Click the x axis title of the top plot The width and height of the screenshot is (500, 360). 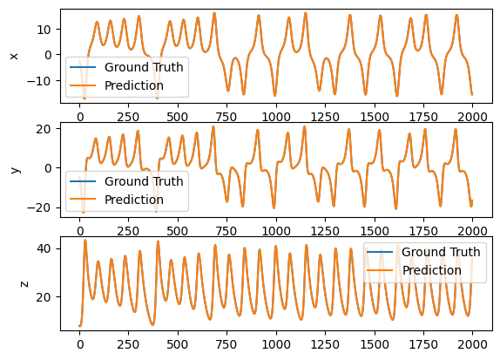14,57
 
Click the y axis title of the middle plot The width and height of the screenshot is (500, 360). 15,169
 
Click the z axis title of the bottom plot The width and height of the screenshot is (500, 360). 24,283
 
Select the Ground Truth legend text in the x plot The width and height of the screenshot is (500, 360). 144,67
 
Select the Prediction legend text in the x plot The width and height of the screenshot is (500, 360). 134,85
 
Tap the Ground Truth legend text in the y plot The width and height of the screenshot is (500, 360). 144,181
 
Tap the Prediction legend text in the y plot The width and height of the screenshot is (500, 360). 134,200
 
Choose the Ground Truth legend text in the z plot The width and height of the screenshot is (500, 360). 441,252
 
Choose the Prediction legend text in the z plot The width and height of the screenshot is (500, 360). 431,270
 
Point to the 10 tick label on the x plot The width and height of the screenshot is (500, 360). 44,30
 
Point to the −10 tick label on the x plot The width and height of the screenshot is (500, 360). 39,81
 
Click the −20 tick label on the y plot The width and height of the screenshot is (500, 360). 39,207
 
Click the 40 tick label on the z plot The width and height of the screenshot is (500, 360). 44,248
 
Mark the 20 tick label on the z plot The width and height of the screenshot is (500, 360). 44,297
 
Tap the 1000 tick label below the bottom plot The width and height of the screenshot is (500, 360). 276,344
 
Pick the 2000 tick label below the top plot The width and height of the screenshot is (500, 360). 472,117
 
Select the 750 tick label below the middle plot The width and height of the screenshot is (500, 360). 226,231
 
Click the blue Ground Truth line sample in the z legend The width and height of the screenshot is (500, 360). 380,252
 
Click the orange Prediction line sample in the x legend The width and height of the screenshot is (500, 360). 83,85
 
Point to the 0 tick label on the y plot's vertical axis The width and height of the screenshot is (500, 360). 48,168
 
